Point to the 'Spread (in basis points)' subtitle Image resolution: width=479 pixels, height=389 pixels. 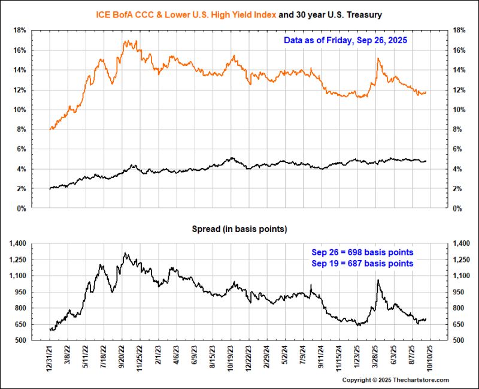239,229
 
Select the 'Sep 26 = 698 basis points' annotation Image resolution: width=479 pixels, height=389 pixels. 362,252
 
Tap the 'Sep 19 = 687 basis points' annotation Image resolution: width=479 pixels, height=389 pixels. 362,263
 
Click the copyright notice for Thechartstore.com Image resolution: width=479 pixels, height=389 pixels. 395,380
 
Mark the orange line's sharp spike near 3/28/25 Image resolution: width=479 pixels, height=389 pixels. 378,58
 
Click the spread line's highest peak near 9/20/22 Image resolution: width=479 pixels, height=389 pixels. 125,253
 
